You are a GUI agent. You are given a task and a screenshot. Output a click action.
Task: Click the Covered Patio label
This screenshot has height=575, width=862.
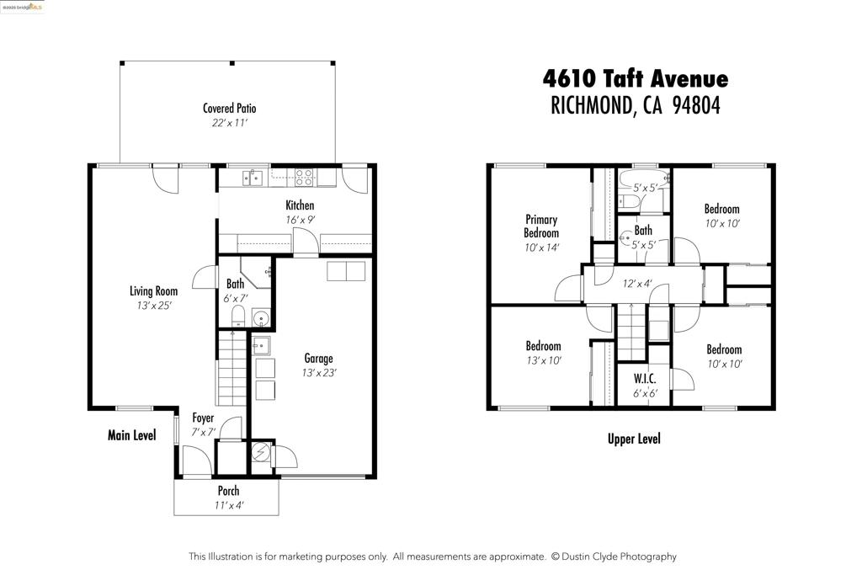(x=229, y=109)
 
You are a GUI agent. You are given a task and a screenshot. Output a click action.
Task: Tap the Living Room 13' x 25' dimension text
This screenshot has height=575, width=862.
(x=154, y=306)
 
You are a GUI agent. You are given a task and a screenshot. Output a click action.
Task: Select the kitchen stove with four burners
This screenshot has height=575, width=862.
(x=304, y=178)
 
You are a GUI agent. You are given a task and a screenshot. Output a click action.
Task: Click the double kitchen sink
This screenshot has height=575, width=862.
(x=253, y=178)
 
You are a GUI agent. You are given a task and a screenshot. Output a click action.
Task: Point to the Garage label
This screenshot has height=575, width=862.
(x=318, y=359)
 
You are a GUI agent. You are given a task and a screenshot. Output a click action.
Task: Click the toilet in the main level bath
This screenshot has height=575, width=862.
(x=237, y=316)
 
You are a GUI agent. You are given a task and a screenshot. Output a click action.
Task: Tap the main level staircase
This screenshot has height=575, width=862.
(x=232, y=368)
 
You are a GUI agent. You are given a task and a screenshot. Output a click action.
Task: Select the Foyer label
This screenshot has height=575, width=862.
(x=203, y=418)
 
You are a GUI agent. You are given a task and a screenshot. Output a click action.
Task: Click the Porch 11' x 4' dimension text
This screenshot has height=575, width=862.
(x=228, y=505)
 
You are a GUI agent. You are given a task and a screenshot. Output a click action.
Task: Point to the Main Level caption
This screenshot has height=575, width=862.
(x=132, y=435)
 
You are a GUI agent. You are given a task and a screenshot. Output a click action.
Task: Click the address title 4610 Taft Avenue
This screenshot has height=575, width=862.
(x=636, y=78)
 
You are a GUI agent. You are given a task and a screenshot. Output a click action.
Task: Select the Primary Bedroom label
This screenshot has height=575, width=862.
(x=541, y=226)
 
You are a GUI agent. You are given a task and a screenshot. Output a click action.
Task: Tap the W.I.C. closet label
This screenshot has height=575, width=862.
(x=645, y=379)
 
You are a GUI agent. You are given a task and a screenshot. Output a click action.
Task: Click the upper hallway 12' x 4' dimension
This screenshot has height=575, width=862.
(x=637, y=284)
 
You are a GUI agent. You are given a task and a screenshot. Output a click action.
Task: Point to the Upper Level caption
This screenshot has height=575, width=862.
(x=634, y=439)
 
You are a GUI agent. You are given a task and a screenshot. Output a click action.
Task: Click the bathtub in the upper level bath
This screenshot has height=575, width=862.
(x=644, y=180)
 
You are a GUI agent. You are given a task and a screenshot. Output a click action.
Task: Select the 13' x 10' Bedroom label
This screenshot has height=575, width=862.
(x=543, y=346)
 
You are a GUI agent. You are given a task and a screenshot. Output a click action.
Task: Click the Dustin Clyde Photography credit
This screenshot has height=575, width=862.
(x=614, y=556)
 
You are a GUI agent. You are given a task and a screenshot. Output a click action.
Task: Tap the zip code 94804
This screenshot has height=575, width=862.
(x=696, y=105)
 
